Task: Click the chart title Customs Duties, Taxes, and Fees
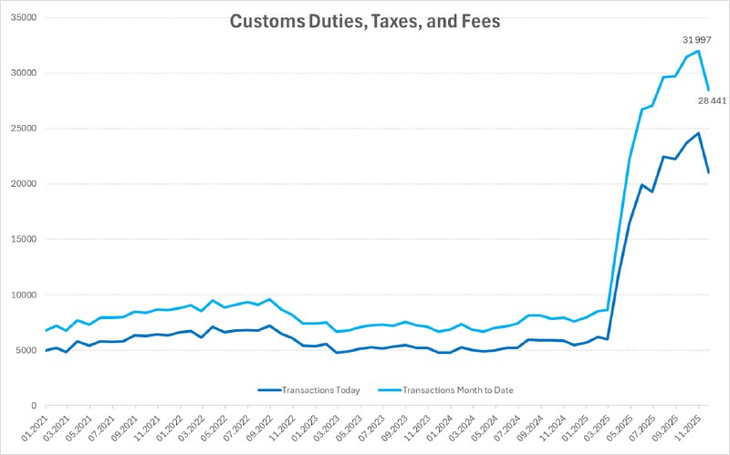[365, 22]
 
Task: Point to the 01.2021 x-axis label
[33, 427]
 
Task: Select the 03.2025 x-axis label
[590, 427]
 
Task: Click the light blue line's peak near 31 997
[698, 51]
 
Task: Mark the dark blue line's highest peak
[698, 133]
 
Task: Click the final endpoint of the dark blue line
[709, 172]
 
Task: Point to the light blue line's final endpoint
[709, 89]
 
